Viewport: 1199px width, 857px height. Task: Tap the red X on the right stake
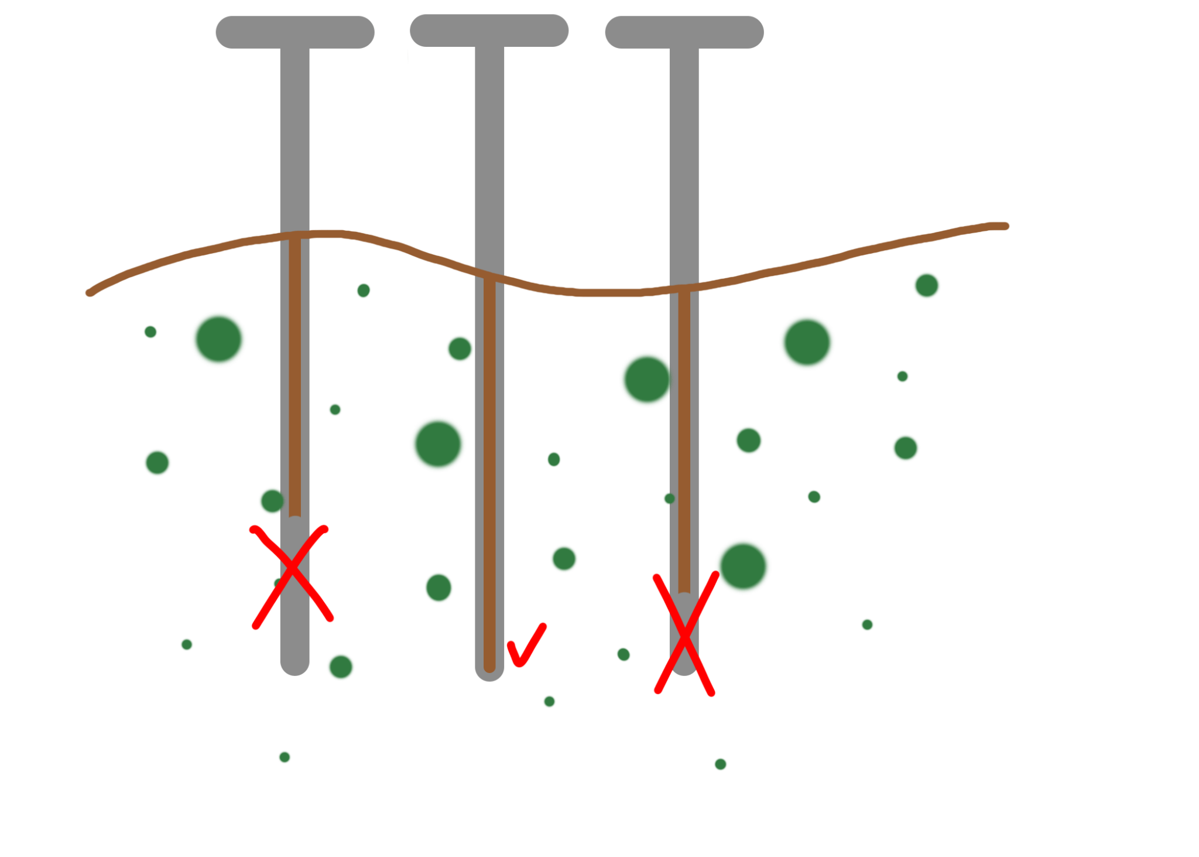coord(684,634)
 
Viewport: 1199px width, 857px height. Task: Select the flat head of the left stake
coord(294,32)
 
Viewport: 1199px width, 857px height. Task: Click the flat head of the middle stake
coord(489,30)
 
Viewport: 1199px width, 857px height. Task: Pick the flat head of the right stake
coord(684,32)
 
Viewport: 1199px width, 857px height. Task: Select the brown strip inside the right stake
coord(684,439)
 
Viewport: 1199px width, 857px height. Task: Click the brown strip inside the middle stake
coord(489,469)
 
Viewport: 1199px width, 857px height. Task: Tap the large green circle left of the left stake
coord(219,339)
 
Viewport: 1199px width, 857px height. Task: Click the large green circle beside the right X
coord(744,566)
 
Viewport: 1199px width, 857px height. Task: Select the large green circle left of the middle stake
coord(437,443)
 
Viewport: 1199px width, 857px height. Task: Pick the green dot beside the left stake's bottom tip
coord(341,667)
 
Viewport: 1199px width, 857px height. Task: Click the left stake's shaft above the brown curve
coord(294,141)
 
